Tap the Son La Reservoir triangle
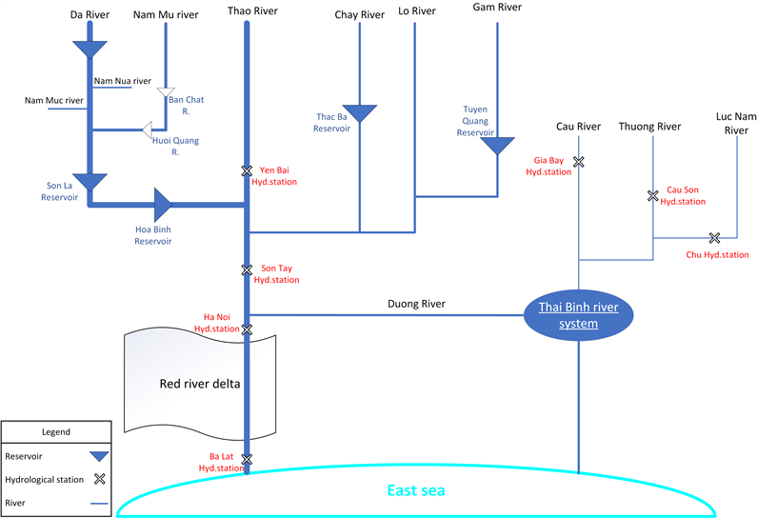92,181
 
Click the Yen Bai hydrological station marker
247,170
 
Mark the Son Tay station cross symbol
247,270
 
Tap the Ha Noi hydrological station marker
247,329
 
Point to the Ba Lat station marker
247,461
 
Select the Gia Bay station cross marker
578,162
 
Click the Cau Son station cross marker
652,196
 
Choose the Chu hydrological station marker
714,237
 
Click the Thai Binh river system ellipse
578,315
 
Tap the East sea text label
416,491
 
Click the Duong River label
416,305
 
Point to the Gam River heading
497,8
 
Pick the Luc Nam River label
736,123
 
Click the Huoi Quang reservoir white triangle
148,129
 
